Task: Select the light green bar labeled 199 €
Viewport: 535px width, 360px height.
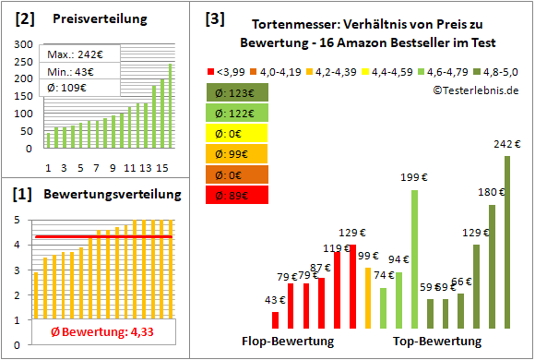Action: [x=414, y=258]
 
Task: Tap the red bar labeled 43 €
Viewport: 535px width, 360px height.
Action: [x=275, y=319]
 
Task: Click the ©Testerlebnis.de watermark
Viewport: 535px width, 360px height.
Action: [x=474, y=90]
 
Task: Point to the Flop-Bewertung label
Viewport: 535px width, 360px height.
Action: [x=288, y=342]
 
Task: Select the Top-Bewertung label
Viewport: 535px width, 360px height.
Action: [x=437, y=342]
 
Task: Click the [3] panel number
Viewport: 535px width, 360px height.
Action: [x=214, y=18]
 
